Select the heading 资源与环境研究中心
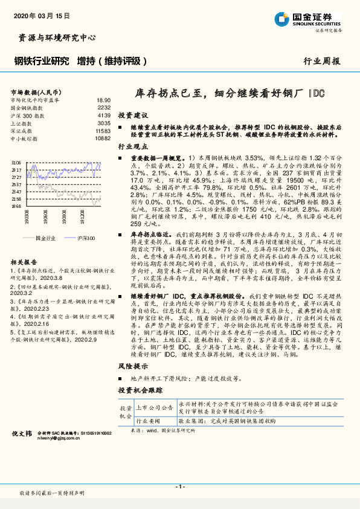54,37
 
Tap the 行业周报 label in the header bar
322,62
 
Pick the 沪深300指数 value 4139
103,115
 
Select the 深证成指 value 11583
103,131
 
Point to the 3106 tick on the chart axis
16,163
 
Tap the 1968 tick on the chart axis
16,206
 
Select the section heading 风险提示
133,367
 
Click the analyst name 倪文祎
23,450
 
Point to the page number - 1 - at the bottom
179,487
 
